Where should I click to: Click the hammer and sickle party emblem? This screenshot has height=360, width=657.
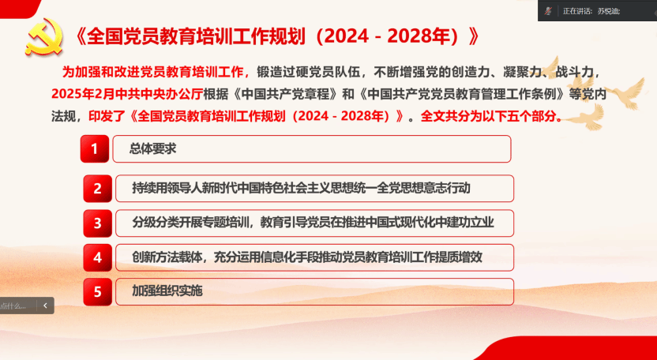click(x=43, y=37)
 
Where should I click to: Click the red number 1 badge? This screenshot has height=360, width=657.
click(x=95, y=148)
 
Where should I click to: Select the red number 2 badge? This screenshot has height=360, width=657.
click(x=98, y=189)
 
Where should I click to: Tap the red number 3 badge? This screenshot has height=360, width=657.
click(x=98, y=223)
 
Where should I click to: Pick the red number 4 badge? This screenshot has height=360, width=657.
click(x=98, y=257)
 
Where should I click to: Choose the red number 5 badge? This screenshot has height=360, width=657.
click(x=98, y=291)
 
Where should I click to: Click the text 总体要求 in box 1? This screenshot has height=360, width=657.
click(x=152, y=148)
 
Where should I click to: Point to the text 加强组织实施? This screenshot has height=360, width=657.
click(x=167, y=291)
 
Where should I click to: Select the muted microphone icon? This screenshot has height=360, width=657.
click(x=548, y=11)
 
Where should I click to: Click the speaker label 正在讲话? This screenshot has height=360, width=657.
click(x=576, y=11)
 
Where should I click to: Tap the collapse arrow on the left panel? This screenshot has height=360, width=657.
click(x=45, y=306)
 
